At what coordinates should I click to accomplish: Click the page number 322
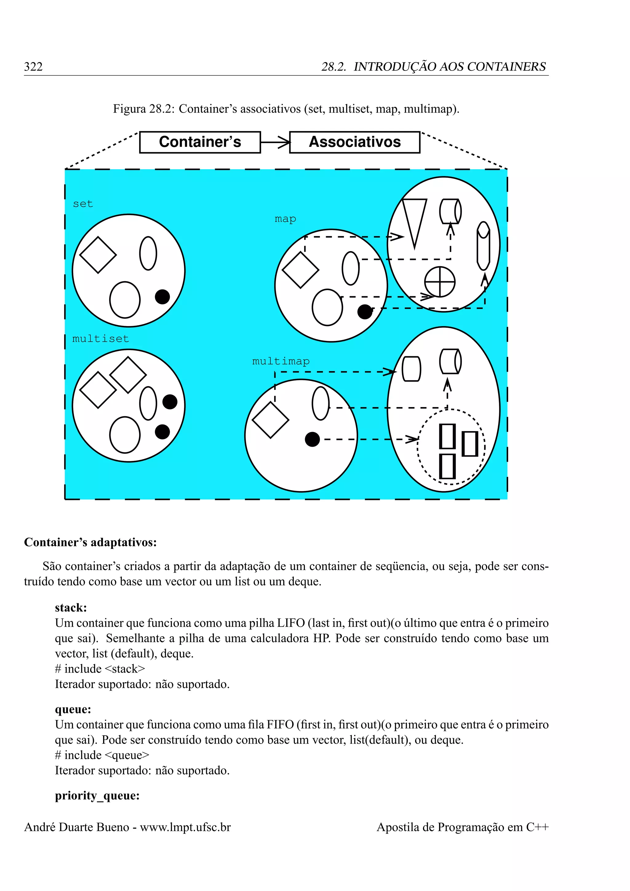[x=33, y=67]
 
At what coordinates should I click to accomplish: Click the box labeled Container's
[x=200, y=142]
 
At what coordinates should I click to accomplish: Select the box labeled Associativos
[x=355, y=142]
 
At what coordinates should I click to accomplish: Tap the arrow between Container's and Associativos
[x=275, y=142]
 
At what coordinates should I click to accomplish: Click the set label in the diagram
[x=83, y=204]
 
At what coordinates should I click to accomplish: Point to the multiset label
[x=101, y=339]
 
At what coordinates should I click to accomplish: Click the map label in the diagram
[x=285, y=219]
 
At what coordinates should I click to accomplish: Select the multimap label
[x=281, y=361]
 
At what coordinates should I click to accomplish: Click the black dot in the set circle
[x=162, y=297]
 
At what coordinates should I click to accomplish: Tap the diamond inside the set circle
[x=98, y=255]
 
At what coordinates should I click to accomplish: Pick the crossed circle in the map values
[x=440, y=282]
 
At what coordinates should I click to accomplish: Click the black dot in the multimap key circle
[x=312, y=439]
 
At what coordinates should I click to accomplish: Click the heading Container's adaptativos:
[x=90, y=542]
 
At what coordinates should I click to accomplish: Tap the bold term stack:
[x=71, y=608]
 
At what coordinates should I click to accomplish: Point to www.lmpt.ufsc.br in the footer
[x=185, y=827]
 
